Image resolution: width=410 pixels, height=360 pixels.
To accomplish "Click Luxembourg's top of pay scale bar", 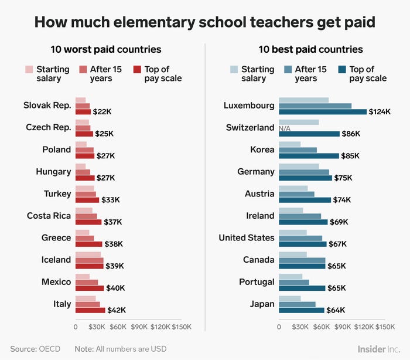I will (323, 111).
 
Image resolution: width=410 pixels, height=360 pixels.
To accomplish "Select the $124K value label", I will (380, 112).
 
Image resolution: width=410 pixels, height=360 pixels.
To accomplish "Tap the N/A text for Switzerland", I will (285, 128).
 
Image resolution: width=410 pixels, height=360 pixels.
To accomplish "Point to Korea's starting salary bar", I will (289, 144).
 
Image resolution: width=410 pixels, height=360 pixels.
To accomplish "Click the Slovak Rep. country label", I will (47, 106).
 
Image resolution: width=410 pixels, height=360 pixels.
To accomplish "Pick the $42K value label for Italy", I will (117, 310).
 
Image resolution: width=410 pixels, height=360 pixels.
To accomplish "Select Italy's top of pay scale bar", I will (90, 310).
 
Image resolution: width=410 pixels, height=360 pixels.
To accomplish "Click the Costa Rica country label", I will (49, 216).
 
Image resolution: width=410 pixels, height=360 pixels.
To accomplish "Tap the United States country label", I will (246, 237).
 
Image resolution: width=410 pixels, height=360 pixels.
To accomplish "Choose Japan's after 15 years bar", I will (297, 304).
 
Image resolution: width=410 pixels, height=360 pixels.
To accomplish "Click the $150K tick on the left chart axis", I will (181, 327).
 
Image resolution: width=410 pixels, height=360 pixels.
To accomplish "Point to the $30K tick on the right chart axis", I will (300, 327).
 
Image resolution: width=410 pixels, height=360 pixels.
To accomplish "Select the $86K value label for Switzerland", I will (351, 134).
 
